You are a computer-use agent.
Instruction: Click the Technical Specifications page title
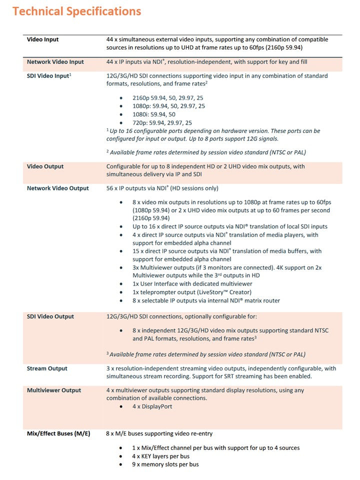[76, 11]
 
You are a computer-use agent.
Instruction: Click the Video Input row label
[42, 39]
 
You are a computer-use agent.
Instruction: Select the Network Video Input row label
[55, 62]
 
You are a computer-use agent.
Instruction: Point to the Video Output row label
[45, 166]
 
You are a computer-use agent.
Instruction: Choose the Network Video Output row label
[57, 188]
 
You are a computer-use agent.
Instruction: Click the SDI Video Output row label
[50, 316]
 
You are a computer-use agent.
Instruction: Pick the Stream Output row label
[46, 368]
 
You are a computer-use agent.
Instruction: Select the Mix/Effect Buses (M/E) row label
[58, 433]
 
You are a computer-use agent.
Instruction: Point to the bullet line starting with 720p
[162, 122]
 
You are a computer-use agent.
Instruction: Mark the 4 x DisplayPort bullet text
[152, 406]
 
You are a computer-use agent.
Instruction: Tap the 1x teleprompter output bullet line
[199, 292]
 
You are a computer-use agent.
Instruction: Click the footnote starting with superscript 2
[206, 152]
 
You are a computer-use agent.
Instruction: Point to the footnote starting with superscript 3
[207, 354]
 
